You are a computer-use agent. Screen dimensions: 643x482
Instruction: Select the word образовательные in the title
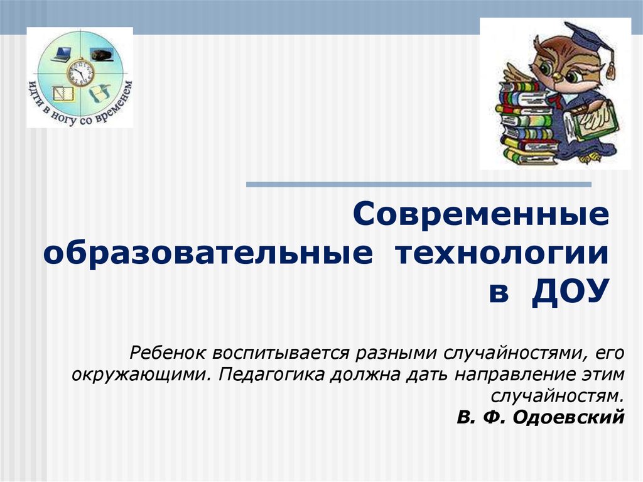coord(208,253)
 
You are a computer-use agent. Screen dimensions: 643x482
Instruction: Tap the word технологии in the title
coord(502,253)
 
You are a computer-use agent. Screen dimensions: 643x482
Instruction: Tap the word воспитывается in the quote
coord(281,353)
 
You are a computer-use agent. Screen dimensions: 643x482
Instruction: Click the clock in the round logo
coord(80,73)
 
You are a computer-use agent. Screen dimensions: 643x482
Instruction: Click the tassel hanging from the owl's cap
coord(611,67)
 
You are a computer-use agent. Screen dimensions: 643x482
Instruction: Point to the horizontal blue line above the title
coord(419,184)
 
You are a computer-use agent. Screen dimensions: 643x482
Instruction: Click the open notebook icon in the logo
coord(63,94)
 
